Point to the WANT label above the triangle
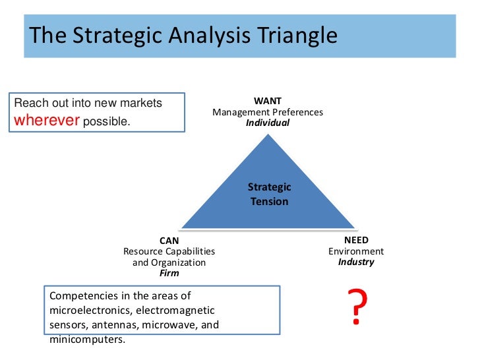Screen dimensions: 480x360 click(268, 101)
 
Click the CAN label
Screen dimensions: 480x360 click(169, 241)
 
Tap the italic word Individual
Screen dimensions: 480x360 click(268, 123)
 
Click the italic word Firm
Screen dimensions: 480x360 click(169, 272)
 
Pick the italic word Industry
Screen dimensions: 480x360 click(356, 262)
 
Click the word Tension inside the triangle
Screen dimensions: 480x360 click(269, 202)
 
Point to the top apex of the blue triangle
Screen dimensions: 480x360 click(268, 135)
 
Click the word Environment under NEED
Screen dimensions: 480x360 click(356, 251)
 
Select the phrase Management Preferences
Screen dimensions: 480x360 click(268, 112)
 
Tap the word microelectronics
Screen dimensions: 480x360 click(98, 310)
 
